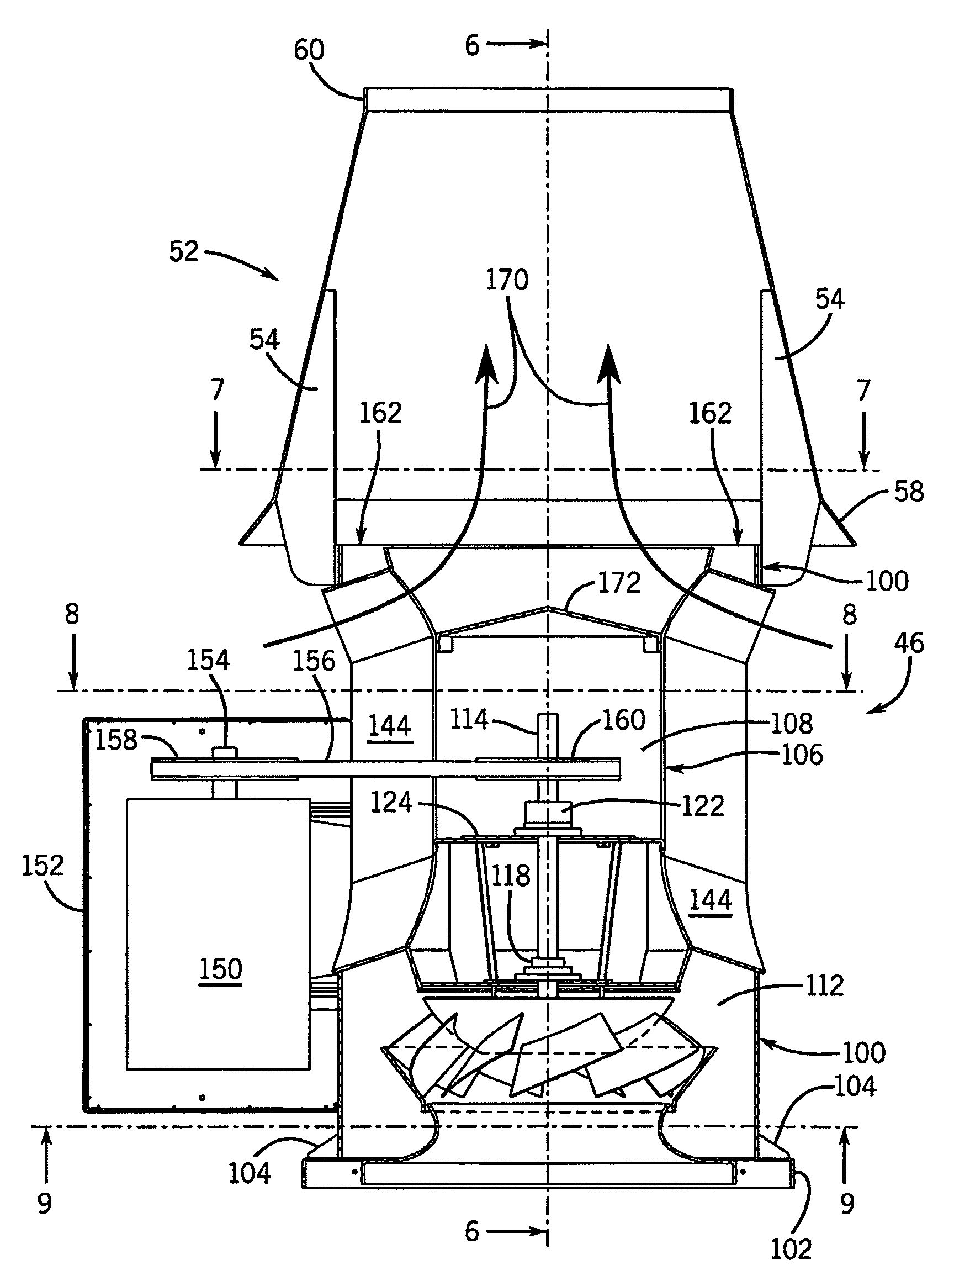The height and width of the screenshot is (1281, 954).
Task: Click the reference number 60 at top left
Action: coord(309,50)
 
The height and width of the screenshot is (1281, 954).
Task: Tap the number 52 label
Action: coord(184,252)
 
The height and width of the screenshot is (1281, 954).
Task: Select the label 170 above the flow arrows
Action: coord(507,280)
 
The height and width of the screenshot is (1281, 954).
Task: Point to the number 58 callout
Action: coord(908,492)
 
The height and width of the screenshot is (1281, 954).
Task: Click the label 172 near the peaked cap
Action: coord(619,583)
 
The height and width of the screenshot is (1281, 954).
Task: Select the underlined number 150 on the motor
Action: coord(220,969)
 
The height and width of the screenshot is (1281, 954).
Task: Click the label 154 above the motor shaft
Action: coord(208,661)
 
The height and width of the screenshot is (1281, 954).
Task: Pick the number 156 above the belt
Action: coord(314,661)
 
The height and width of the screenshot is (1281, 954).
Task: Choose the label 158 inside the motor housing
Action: coord(116,740)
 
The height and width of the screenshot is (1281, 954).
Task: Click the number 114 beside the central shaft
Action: coord(469,720)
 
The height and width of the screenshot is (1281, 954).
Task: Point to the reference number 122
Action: coord(703,806)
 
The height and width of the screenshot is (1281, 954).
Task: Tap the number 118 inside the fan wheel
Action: coord(511,876)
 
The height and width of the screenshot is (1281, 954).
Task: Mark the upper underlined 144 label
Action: coord(390,726)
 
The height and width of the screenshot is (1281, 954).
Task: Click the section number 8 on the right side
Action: coord(849,615)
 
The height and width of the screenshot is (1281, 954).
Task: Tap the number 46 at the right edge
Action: coord(908,643)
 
